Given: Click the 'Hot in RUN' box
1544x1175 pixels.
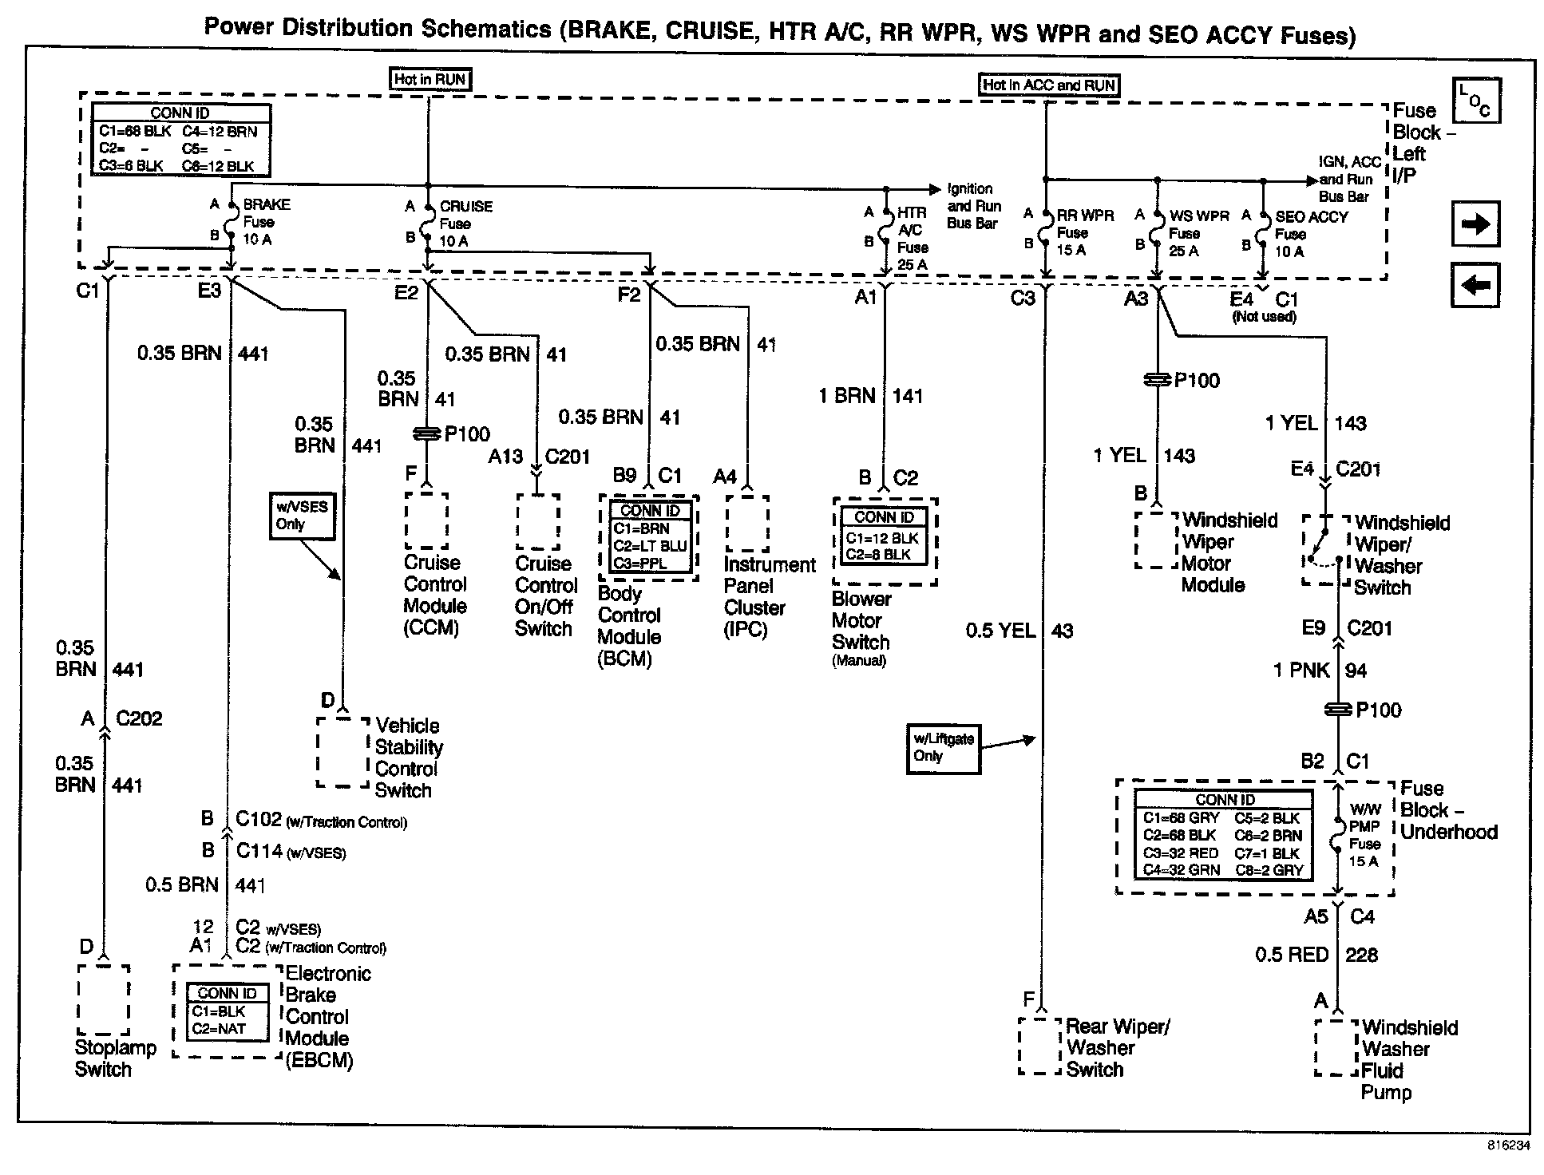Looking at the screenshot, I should [430, 79].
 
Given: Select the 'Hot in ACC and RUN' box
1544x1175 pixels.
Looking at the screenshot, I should [1048, 85].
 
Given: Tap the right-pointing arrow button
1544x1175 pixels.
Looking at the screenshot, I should [1475, 224].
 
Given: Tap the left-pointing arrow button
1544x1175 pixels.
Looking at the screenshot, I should [1475, 285].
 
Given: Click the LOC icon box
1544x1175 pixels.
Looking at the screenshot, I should [1475, 101].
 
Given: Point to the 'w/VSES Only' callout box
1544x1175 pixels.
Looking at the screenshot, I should [302, 516].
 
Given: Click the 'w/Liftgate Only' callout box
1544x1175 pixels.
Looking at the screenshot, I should [943, 748].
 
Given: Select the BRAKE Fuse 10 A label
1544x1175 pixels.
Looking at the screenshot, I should [264, 222].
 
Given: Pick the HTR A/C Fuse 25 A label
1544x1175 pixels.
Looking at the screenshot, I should [912, 238].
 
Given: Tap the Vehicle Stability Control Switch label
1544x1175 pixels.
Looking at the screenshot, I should [408, 758].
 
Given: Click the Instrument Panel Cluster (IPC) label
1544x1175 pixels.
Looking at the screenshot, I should [768, 597].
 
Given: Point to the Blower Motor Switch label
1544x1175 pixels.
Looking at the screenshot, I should [861, 627].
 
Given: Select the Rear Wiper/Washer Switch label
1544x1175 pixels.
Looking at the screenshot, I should [1117, 1048].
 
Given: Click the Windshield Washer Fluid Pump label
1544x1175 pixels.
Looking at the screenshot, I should [1408, 1059].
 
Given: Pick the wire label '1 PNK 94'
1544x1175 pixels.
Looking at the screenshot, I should [1319, 671].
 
